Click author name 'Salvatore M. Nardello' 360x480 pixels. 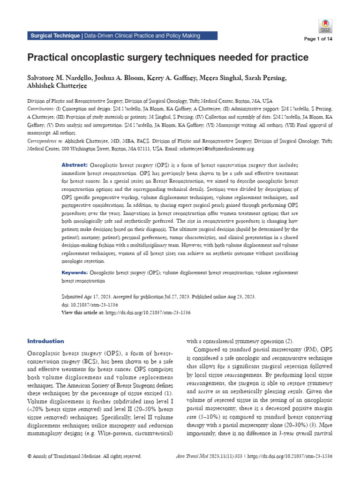pyautogui.click(x=60, y=78)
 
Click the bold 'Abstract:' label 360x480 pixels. pyautogui.click(x=75, y=166)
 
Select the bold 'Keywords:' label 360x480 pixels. pyautogui.click(x=75, y=272)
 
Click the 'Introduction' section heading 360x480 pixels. pyautogui.click(x=45, y=341)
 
